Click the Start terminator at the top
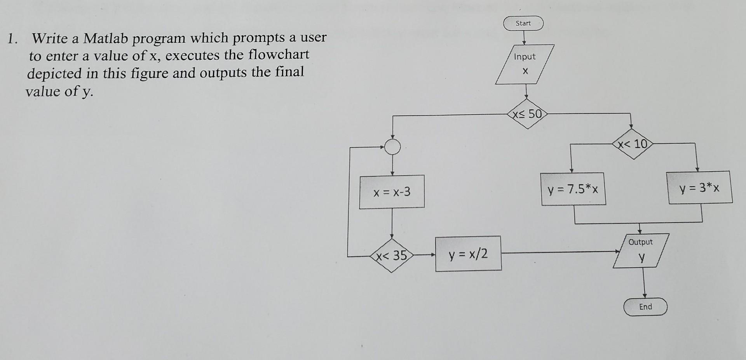tap(523, 23)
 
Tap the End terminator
tap(645, 307)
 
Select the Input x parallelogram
tap(525, 64)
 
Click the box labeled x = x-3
tap(392, 192)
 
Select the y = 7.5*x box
tap(573, 189)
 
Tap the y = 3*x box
tap(699, 188)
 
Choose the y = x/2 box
tap(468, 254)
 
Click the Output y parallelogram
tap(641, 250)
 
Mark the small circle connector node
tap(393, 147)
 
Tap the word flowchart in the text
tap(279, 55)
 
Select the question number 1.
tap(12, 39)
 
